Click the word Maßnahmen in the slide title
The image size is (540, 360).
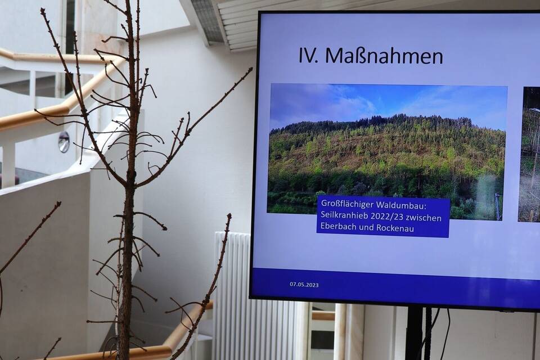pyautogui.click(x=384, y=56)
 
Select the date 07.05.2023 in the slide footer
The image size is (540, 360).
pyautogui.click(x=304, y=285)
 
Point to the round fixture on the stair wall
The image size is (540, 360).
pyautogui.click(x=64, y=142)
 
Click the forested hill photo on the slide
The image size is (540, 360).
pyautogui.click(x=386, y=151)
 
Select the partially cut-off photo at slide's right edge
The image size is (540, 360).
pyautogui.click(x=529, y=154)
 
